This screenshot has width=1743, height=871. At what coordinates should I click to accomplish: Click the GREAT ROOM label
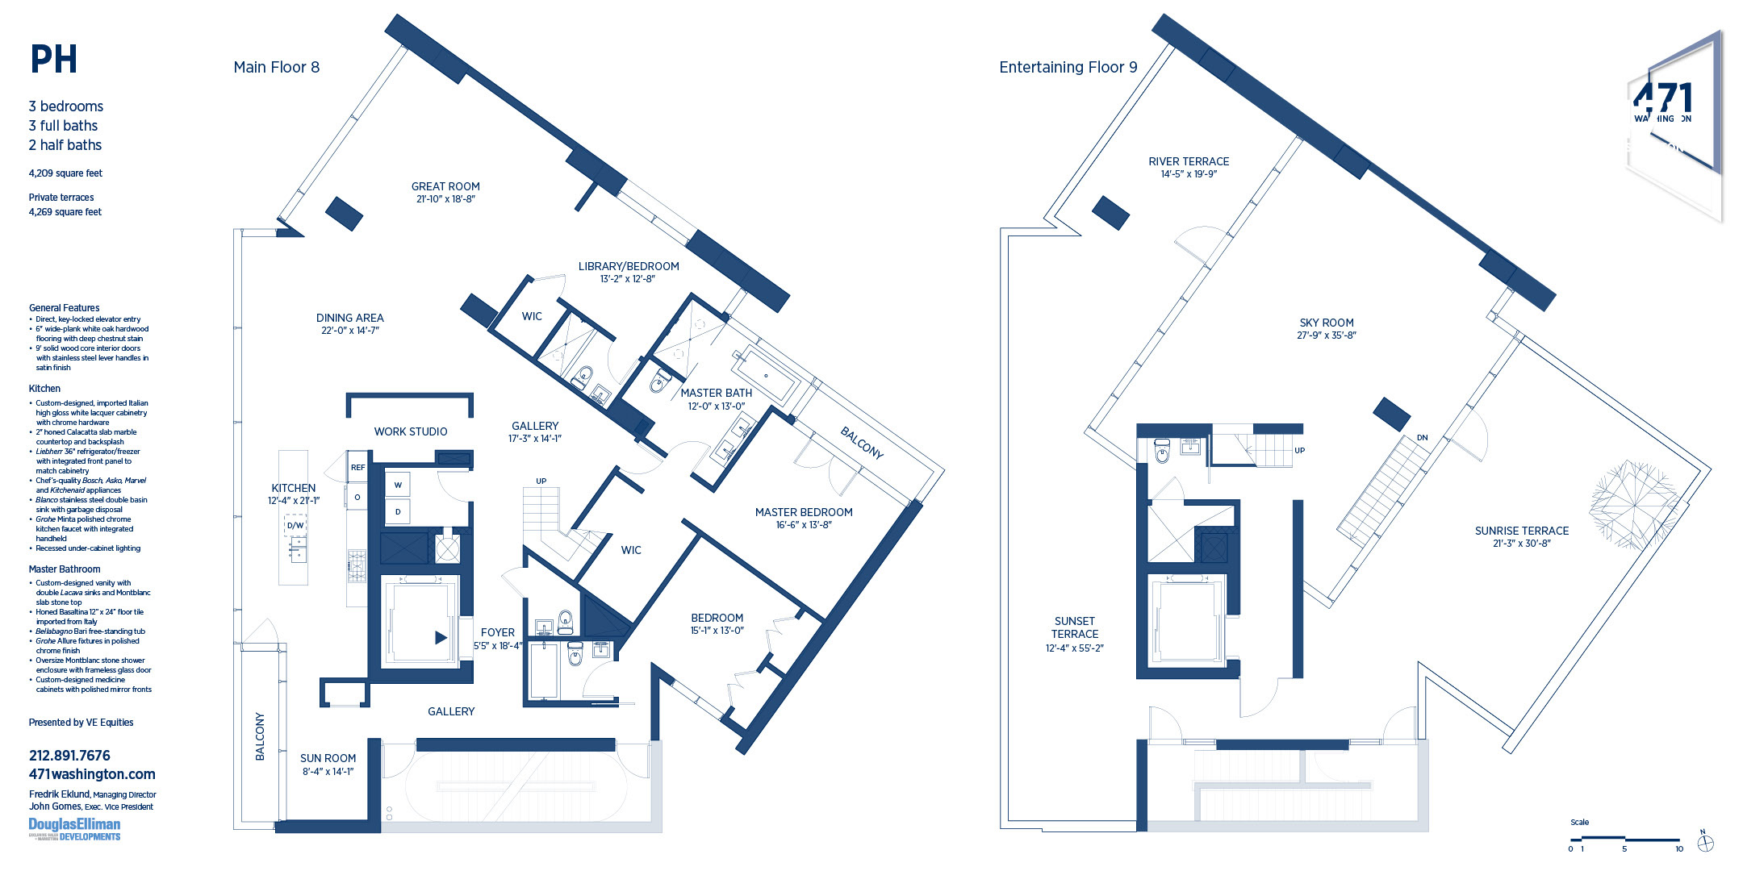[445, 187]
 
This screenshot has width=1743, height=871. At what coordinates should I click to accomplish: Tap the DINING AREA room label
[349, 319]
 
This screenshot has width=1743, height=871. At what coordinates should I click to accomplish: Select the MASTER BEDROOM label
[803, 513]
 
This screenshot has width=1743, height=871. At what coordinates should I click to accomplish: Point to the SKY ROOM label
[1327, 323]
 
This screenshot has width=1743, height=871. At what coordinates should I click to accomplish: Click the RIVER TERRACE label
[1189, 162]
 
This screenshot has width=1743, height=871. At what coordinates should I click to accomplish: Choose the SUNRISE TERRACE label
[1521, 531]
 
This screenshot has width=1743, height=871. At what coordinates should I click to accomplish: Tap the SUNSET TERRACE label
[1074, 628]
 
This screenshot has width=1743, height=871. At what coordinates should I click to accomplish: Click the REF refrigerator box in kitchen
[357, 468]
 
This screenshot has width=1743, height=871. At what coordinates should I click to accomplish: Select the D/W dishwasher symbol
[295, 526]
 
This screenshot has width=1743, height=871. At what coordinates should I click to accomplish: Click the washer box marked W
[398, 486]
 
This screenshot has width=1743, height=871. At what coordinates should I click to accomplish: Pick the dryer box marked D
[398, 511]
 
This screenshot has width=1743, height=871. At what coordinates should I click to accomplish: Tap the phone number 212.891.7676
[69, 756]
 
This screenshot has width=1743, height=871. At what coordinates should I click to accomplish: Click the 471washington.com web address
[92, 774]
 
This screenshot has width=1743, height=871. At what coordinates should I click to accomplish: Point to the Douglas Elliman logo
[74, 829]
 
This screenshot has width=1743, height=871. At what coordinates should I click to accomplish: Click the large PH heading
[53, 60]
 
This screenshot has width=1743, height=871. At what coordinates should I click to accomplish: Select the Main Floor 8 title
[276, 68]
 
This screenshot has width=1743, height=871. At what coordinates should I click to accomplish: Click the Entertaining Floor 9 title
[1068, 68]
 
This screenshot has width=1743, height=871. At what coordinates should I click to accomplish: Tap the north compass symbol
[1705, 844]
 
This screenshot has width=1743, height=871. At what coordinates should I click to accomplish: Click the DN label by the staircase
[1422, 438]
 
